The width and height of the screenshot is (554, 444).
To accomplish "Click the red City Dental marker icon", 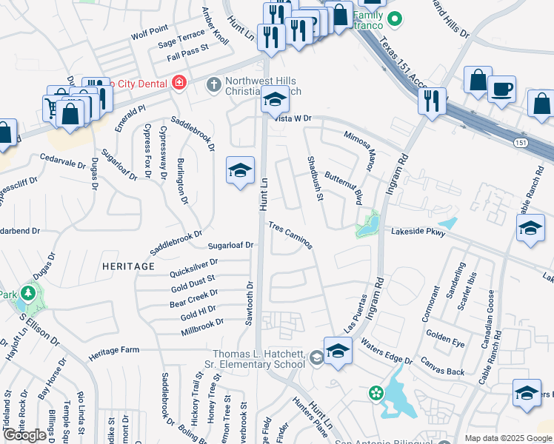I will pos(178,83).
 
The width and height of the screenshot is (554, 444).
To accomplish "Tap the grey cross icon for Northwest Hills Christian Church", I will pos(213,84).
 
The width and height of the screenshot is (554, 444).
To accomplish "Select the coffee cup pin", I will pos(501,90).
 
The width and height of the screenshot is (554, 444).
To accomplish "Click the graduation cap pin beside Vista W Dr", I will pos(275,99).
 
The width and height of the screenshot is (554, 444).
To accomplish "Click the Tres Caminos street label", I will pos(290,235).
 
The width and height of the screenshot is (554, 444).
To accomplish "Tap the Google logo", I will pos(24,435).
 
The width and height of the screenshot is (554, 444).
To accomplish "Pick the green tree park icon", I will pos(28,292).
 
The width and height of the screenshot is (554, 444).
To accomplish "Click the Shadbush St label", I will pos(316,178).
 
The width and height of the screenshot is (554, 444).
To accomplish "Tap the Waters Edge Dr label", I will pos(387,351).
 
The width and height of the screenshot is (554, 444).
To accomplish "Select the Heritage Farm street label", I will pos(114,351).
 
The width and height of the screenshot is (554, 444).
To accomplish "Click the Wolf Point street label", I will pos(149,33).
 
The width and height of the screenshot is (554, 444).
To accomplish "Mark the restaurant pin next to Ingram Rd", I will pos(431,101).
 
